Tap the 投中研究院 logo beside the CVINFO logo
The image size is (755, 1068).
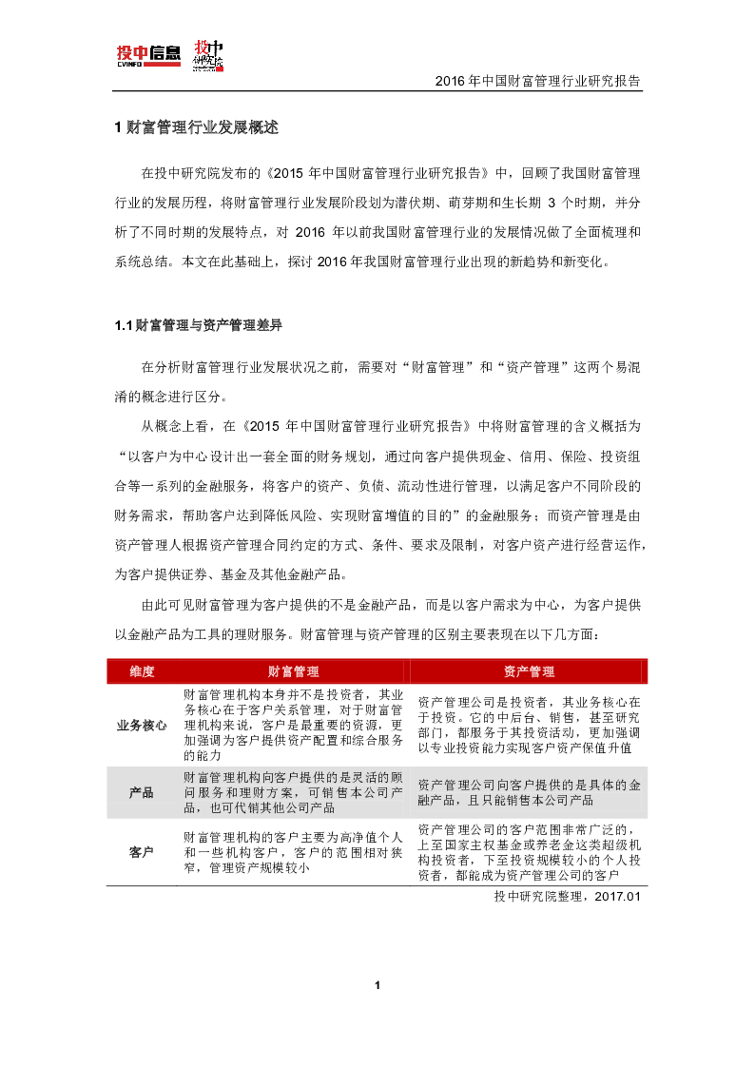click(x=207, y=55)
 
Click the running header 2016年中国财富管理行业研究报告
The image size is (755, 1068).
click(x=537, y=82)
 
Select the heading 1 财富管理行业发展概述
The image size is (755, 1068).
click(x=195, y=127)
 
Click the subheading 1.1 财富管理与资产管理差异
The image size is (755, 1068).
click(x=198, y=325)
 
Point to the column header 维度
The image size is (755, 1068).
click(x=142, y=671)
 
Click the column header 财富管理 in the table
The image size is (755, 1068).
click(x=293, y=671)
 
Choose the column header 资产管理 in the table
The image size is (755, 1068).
click(x=529, y=671)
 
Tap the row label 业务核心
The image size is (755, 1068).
click(x=142, y=725)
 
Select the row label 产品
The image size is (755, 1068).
click(x=142, y=792)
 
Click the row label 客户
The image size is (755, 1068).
click(x=142, y=852)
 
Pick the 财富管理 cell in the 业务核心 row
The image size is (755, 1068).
click(x=293, y=725)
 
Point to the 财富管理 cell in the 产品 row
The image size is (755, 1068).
click(x=293, y=792)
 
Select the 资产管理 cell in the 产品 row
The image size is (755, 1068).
click(x=529, y=792)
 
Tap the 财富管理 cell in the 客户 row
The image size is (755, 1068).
click(x=293, y=852)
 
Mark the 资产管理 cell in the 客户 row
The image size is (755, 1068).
click(x=529, y=852)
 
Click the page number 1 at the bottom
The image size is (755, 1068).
click(x=377, y=984)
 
